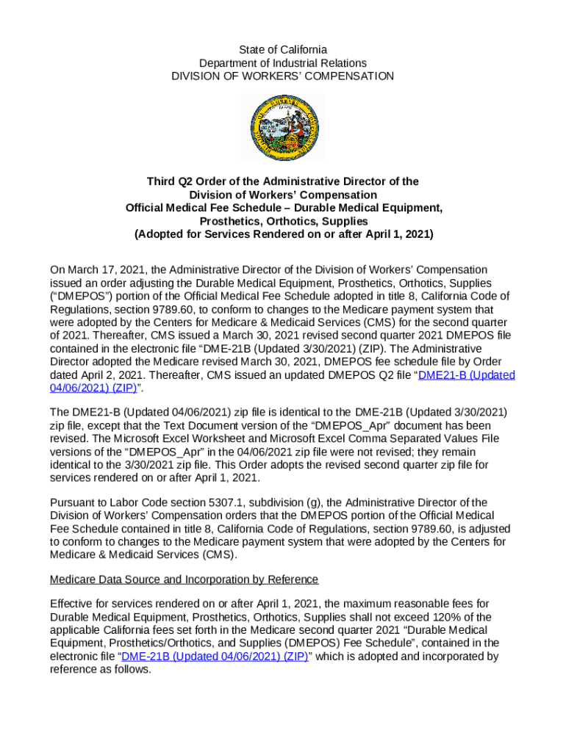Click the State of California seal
(x=283, y=129)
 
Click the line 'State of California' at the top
(x=283, y=50)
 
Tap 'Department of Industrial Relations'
(x=283, y=63)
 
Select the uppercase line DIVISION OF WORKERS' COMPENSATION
(x=283, y=76)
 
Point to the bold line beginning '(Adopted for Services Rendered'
(x=283, y=234)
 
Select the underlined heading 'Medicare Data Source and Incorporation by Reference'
(x=184, y=579)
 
